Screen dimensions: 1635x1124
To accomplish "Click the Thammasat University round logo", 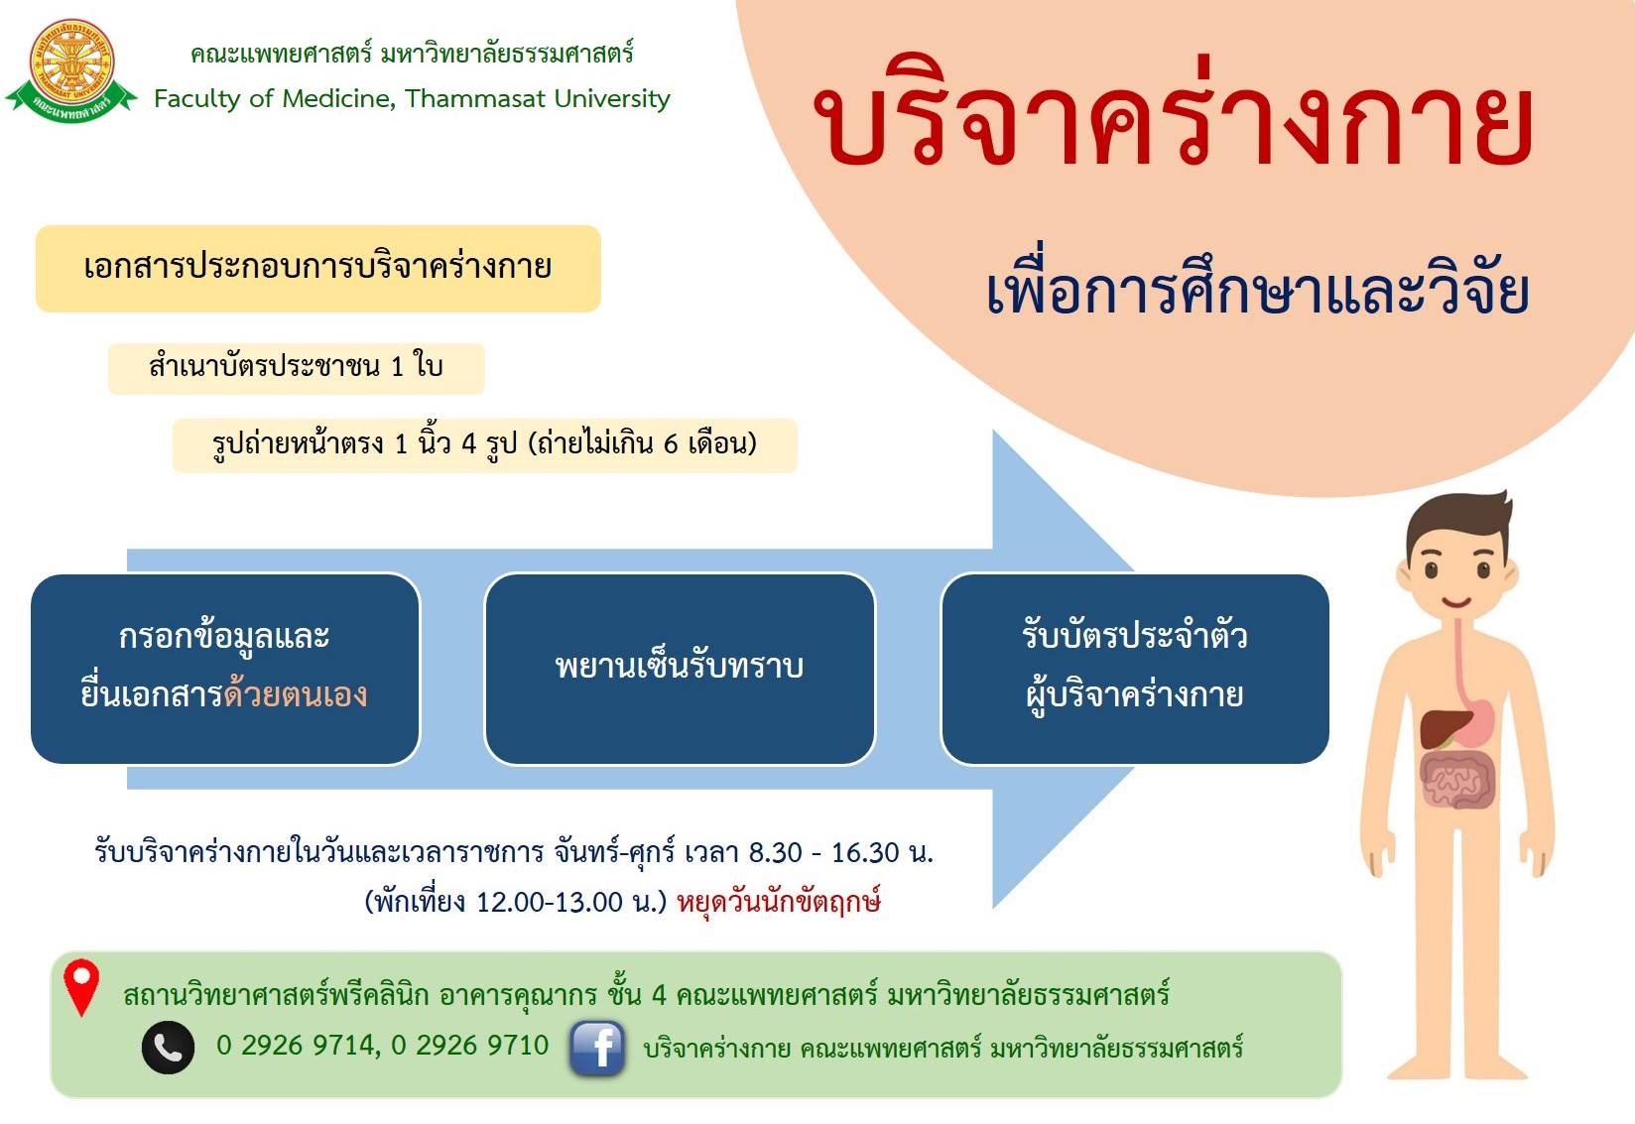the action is pyautogui.click(x=71, y=70).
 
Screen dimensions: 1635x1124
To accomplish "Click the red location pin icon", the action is pyautogui.click(x=81, y=988).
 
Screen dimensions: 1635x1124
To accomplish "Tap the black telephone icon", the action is pyautogui.click(x=168, y=1048).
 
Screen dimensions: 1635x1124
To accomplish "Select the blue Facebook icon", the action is pyautogui.click(x=597, y=1049).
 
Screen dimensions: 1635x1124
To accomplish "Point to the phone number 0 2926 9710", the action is pyautogui.click(x=470, y=1046).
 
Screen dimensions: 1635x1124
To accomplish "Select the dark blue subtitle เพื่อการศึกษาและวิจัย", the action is pyautogui.click(x=1257, y=286).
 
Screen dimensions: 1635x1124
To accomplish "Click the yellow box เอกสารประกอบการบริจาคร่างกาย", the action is pyautogui.click(x=318, y=269).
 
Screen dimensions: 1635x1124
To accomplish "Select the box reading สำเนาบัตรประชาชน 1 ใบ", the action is pyautogui.click(x=297, y=369).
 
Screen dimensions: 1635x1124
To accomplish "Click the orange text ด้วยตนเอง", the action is pyautogui.click(x=296, y=693).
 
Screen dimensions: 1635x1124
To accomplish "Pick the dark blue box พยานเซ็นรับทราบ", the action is pyautogui.click(x=680, y=669).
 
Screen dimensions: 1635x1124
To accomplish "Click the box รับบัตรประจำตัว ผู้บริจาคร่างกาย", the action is pyautogui.click(x=1135, y=669).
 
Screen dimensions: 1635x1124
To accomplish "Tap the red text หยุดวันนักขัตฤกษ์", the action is pyautogui.click(x=779, y=902).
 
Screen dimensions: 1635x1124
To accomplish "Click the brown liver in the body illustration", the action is pyautogui.click(x=1444, y=728).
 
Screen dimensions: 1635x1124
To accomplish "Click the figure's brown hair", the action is pyautogui.click(x=1458, y=524).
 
